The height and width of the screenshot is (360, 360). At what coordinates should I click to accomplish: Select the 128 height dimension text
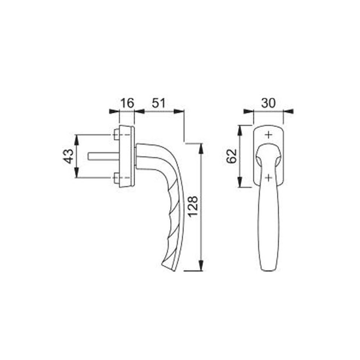click(x=192, y=206)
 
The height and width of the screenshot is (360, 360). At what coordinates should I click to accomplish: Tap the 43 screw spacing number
click(x=68, y=156)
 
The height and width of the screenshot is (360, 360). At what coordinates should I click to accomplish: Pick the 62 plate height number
click(x=231, y=156)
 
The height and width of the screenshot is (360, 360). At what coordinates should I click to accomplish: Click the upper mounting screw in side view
click(x=117, y=135)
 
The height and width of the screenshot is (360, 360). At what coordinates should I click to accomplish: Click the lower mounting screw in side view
click(x=117, y=178)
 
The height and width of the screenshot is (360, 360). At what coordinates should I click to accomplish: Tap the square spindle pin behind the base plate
click(x=104, y=156)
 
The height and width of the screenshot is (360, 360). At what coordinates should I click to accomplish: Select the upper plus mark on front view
click(x=268, y=135)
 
